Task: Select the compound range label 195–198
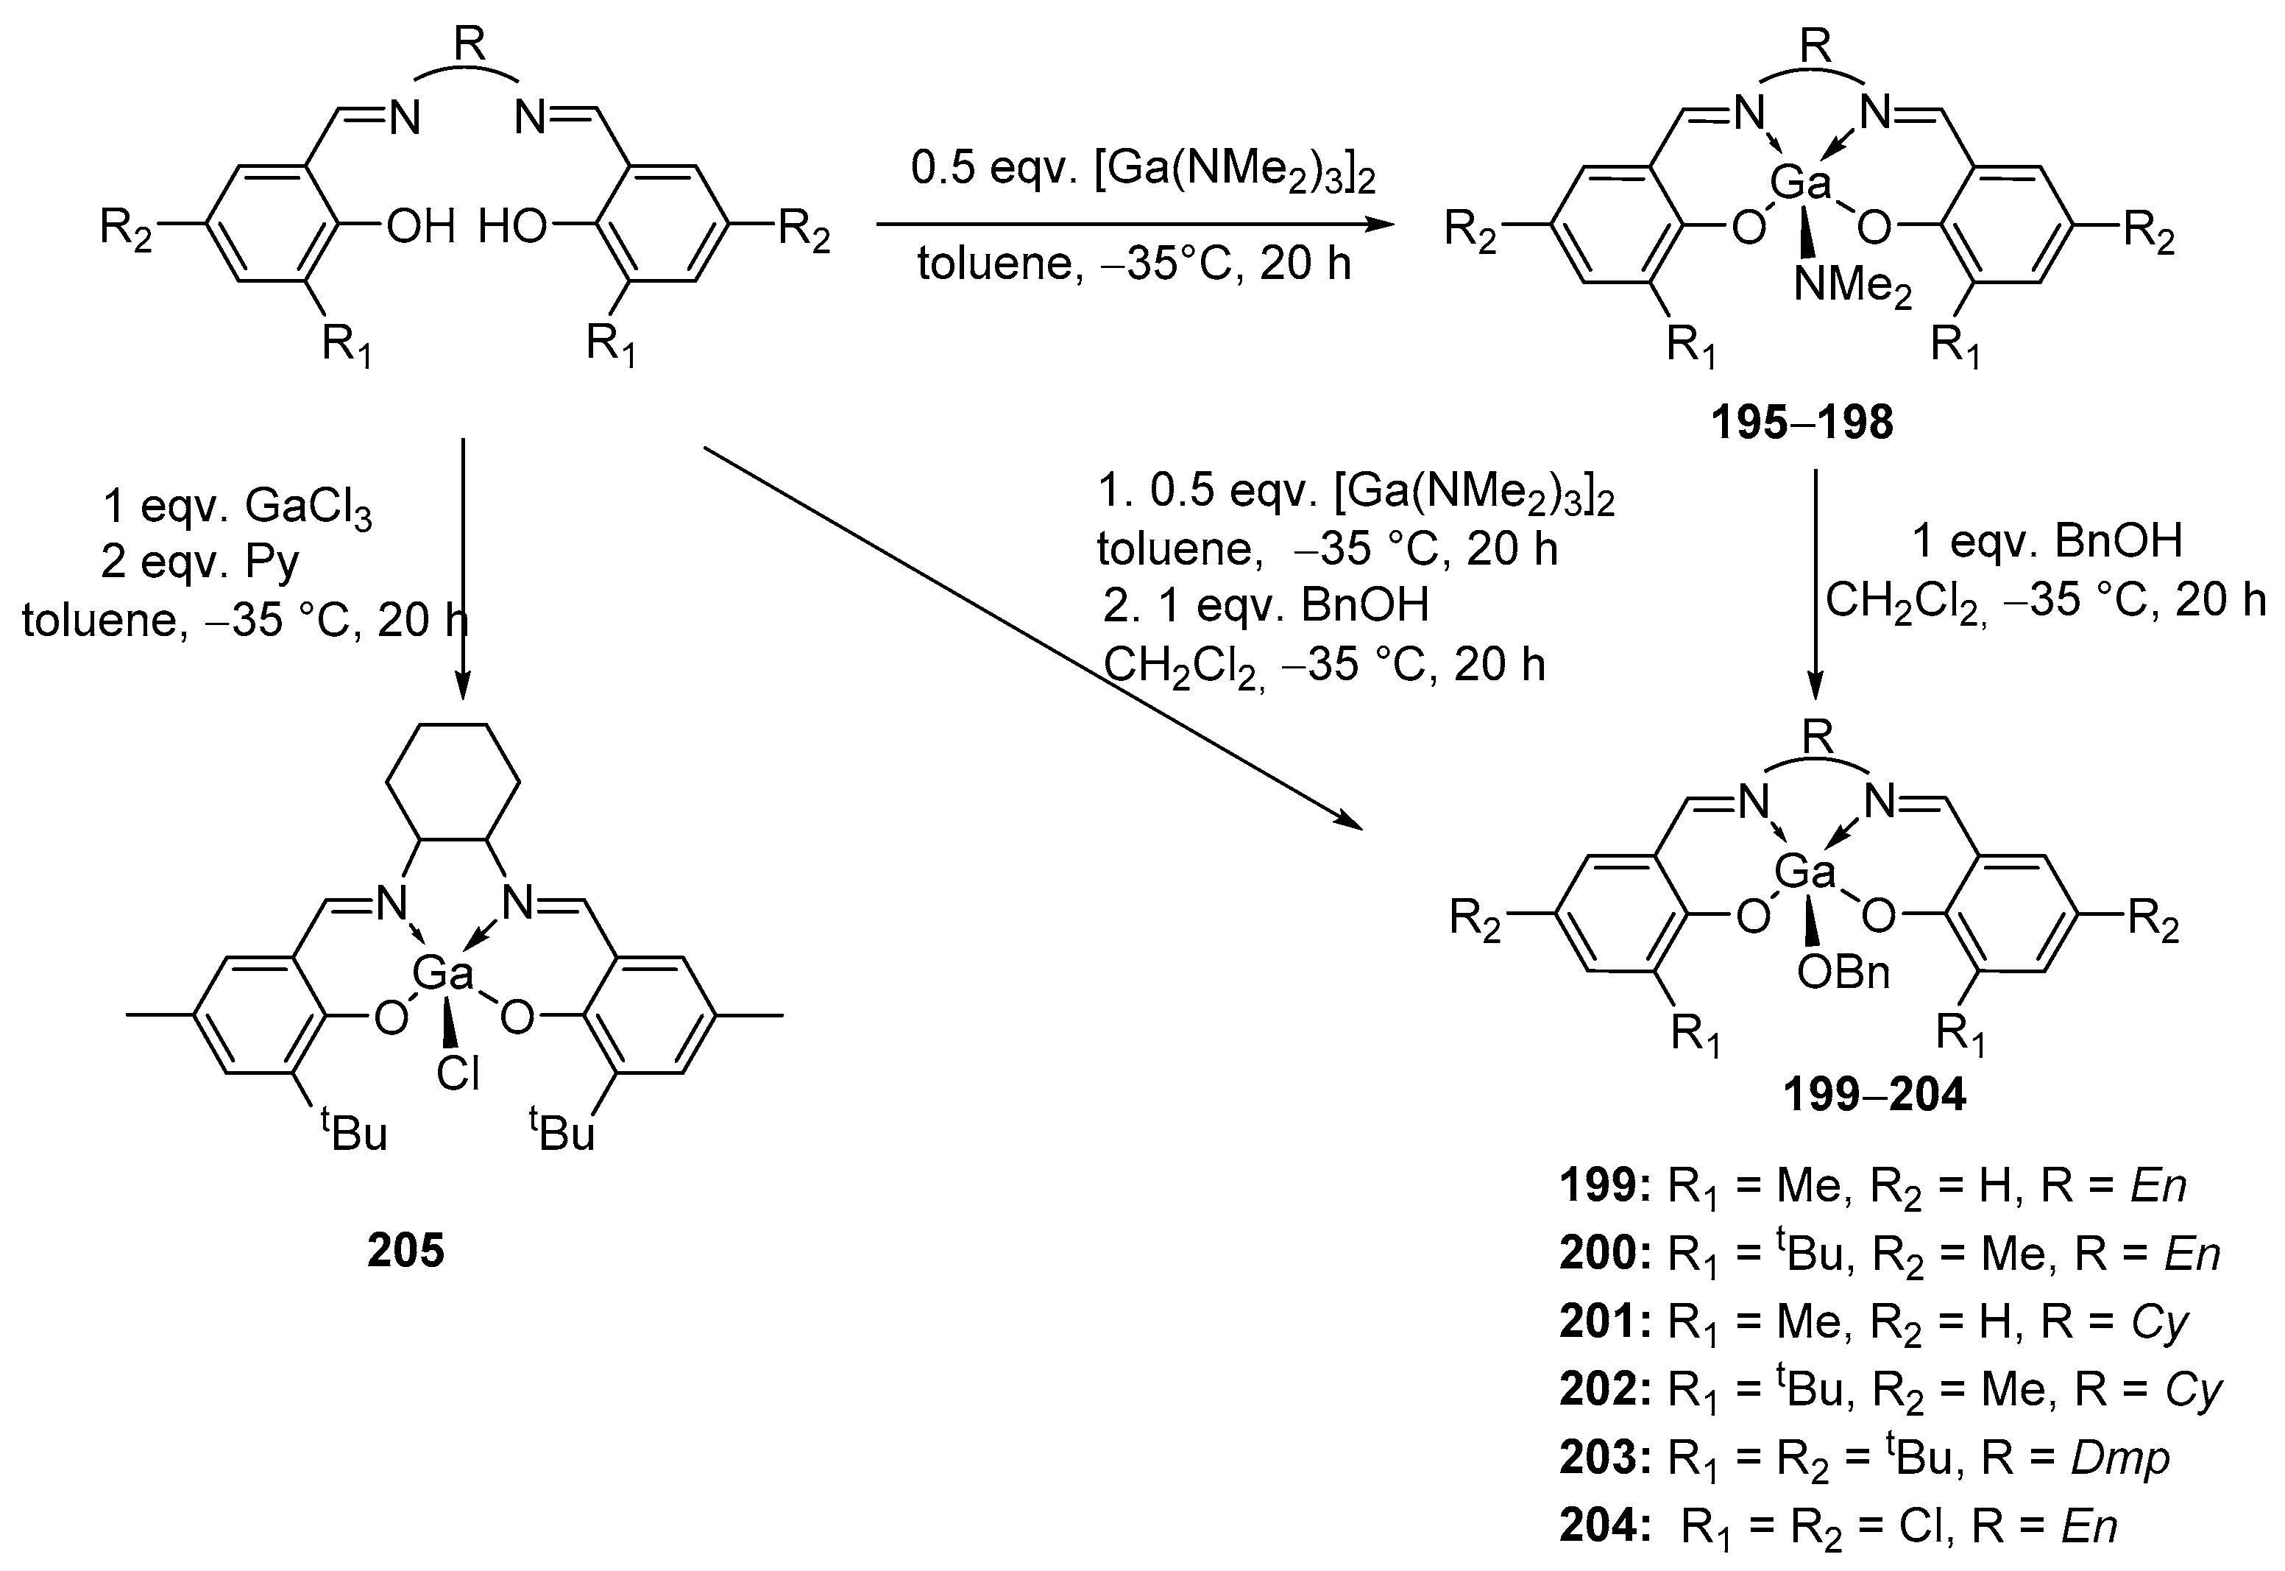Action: point(1802,423)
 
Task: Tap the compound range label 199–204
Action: point(1876,1095)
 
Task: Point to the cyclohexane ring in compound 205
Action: point(453,783)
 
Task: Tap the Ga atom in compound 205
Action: point(443,972)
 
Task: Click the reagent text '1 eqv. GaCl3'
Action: point(237,507)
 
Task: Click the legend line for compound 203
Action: point(1864,1458)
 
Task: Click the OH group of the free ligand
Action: point(421,227)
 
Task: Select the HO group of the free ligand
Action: point(513,227)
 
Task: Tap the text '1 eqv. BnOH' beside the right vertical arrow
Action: point(2047,541)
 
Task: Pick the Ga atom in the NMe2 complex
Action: point(1801,183)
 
